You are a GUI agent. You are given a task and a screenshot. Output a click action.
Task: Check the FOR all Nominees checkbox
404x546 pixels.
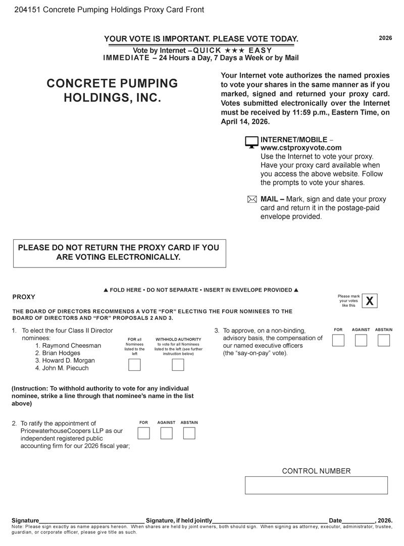(134, 365)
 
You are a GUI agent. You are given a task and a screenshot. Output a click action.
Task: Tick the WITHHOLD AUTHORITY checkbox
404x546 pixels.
(178, 365)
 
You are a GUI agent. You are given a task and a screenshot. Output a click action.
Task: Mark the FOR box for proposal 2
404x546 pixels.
(144, 433)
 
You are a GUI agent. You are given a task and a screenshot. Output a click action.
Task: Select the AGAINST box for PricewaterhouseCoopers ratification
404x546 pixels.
(166, 433)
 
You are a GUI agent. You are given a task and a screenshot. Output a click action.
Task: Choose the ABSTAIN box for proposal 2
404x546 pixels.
(189, 433)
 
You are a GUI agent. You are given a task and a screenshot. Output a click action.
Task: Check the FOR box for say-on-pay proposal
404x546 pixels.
(338, 340)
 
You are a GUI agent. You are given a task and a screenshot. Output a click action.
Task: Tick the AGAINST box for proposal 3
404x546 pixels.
(361, 340)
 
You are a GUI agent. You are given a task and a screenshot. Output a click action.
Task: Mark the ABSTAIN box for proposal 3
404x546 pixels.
(384, 340)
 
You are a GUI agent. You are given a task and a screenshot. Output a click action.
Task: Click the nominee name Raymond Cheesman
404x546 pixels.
(68, 346)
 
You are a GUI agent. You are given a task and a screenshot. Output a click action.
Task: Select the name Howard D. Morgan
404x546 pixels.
(65, 361)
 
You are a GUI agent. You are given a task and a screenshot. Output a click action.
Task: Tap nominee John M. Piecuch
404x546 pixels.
(62, 368)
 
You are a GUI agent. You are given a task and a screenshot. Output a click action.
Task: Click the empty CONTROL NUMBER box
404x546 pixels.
(316, 485)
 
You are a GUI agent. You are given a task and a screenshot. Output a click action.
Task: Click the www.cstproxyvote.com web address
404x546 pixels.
(301, 148)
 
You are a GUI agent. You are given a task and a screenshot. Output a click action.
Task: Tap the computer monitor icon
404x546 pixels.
(251, 142)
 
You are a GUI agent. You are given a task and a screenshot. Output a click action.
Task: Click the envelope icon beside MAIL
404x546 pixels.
(252, 199)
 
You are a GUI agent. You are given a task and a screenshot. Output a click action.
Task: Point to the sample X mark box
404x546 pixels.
(370, 301)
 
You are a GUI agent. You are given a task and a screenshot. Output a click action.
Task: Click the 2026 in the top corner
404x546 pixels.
(385, 38)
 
